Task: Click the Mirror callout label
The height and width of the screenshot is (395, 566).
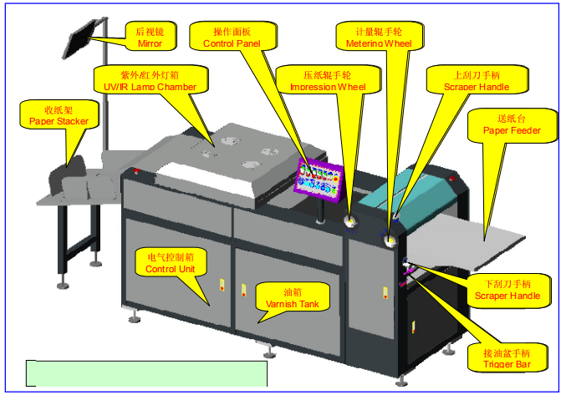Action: [150, 37]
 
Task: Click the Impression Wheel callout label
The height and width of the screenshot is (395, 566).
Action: [328, 80]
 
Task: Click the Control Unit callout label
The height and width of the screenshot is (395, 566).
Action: [171, 264]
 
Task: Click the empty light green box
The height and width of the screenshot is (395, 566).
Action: [147, 372]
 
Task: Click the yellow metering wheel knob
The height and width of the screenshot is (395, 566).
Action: [390, 241]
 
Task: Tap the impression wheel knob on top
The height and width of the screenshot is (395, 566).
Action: [350, 221]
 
